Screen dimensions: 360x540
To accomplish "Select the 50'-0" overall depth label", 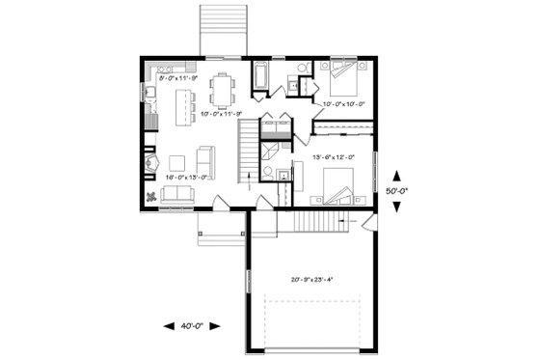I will (396, 190).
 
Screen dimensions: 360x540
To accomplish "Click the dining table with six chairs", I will (224, 90).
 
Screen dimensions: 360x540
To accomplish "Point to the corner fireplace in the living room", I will (151, 163).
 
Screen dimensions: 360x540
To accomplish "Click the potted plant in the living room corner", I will (152, 196).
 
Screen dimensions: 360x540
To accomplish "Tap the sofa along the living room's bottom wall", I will (176, 195).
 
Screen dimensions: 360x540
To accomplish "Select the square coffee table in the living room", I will (178, 162).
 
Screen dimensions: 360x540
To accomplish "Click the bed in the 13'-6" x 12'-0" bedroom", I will (337, 185).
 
